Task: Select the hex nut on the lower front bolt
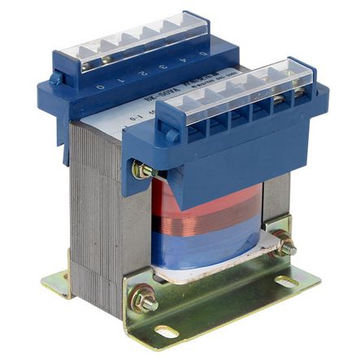pos(146,301)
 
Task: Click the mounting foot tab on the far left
pos(58,280)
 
